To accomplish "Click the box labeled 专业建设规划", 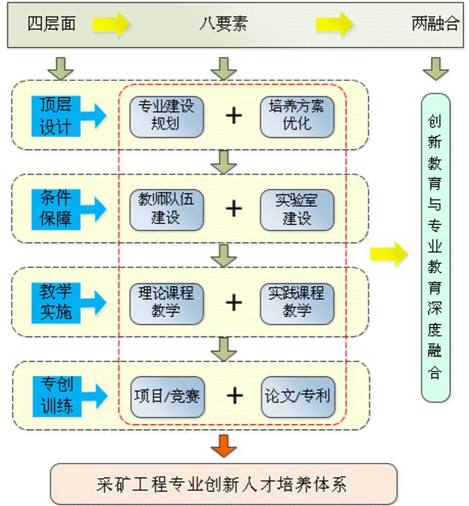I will (x=166, y=115).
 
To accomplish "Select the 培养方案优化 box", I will (x=296, y=115).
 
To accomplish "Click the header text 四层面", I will (x=52, y=25).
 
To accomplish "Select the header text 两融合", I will (x=435, y=25).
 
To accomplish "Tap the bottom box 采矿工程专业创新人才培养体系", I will (x=223, y=484).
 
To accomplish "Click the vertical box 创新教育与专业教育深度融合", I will (x=435, y=247).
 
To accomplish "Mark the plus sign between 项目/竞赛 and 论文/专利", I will (x=234, y=396).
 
